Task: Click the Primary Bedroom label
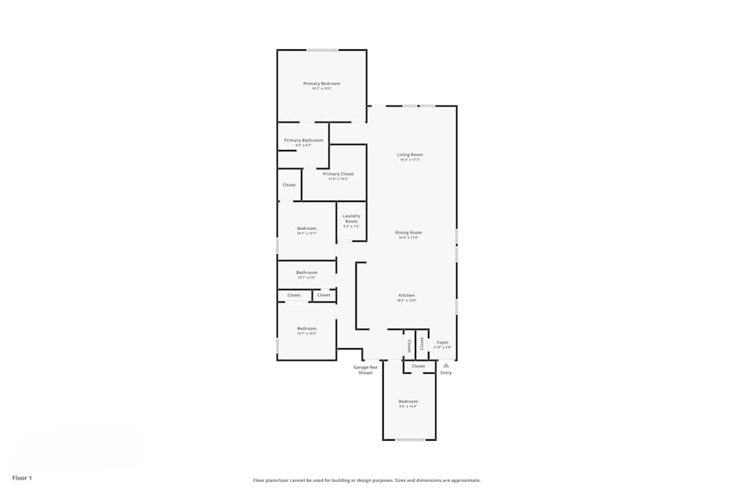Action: pos(321,84)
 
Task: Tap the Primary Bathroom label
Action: pos(303,140)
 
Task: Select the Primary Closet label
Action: pos(338,174)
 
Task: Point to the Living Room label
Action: pos(410,155)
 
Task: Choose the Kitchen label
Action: pos(406,295)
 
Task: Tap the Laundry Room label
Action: pos(351,218)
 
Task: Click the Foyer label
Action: pos(442,342)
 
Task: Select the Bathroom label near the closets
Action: pos(306,273)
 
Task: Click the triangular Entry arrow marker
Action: pos(446,365)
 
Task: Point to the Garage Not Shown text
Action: pos(366,370)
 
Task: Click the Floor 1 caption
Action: pos(22,478)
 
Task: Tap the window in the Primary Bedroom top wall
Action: pos(322,50)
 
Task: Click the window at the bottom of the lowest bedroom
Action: pos(410,439)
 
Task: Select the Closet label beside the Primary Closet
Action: pos(288,185)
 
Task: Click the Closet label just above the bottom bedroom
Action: pos(418,366)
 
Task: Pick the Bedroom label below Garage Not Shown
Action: pos(407,401)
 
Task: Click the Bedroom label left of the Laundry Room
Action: pos(306,228)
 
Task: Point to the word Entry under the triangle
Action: pos(446,373)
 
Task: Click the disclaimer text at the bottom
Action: pos(367,480)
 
